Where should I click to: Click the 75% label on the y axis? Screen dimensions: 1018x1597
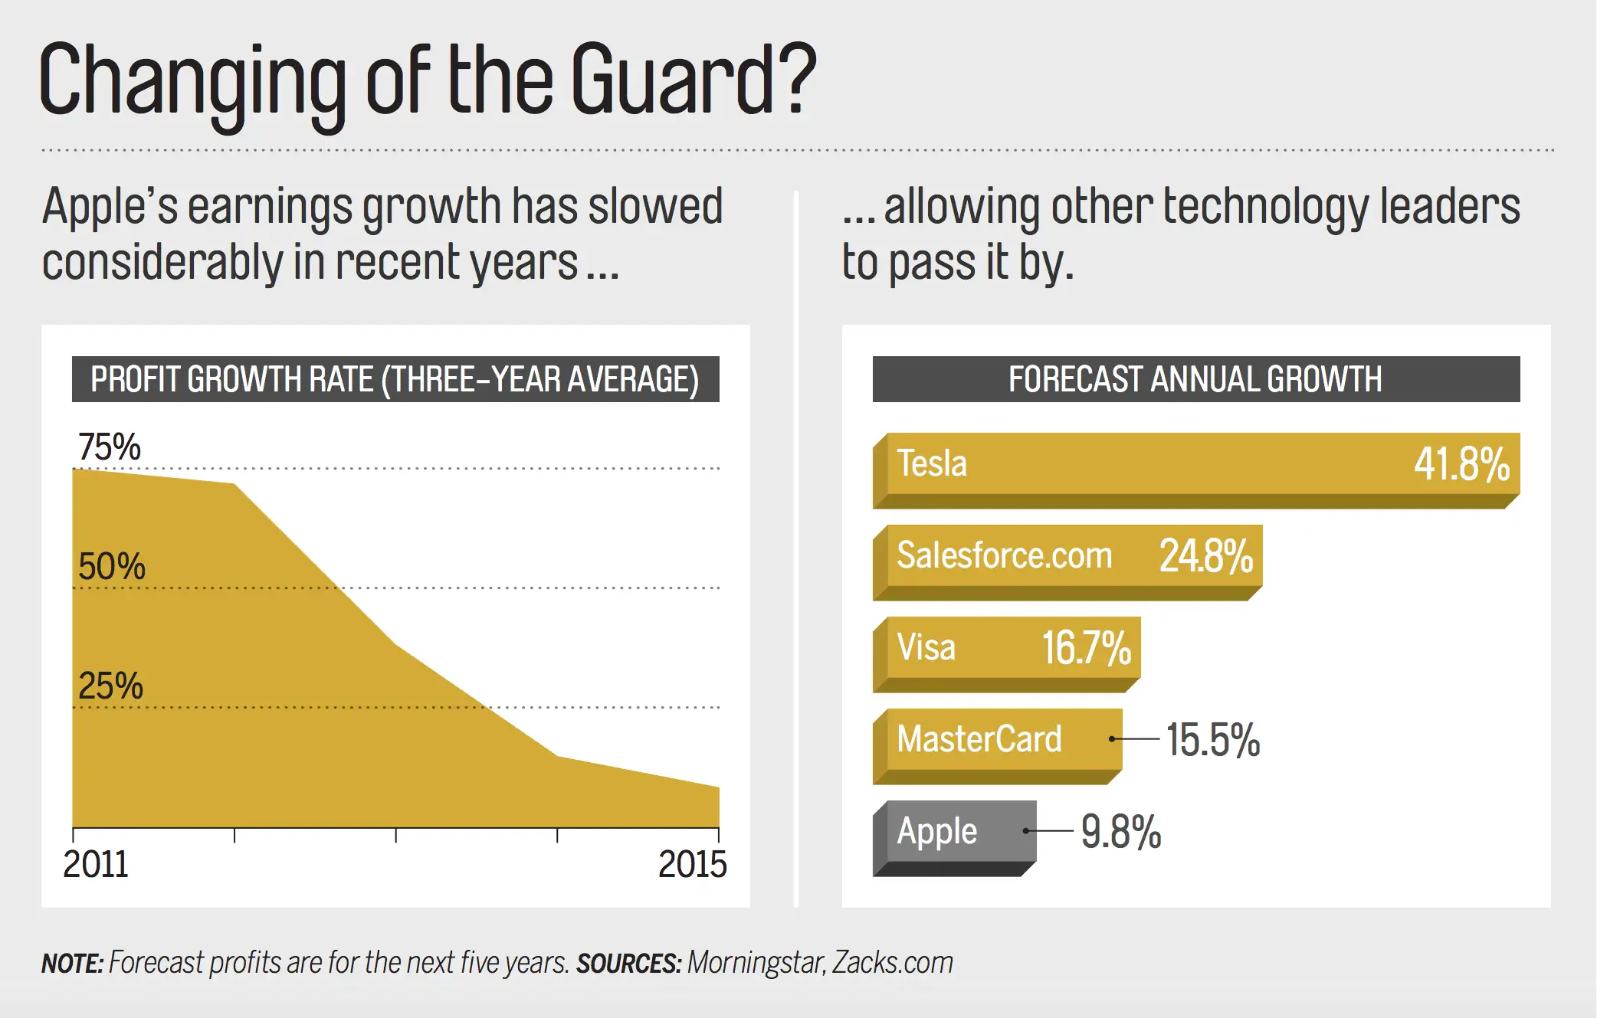click(110, 447)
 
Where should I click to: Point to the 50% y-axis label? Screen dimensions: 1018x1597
click(112, 567)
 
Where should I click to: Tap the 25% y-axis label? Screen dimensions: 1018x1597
click(111, 686)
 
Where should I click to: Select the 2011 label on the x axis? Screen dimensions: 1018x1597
click(96, 865)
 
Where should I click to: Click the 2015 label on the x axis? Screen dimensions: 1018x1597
click(692, 865)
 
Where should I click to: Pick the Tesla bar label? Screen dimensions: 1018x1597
click(932, 463)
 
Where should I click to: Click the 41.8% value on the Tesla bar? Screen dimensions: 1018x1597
click(1461, 464)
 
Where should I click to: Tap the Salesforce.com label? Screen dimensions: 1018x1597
click(1004, 555)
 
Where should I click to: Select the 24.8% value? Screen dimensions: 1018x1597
click(1206, 556)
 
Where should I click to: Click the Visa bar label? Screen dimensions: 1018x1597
click(926, 647)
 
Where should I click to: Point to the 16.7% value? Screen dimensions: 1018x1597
click(1086, 648)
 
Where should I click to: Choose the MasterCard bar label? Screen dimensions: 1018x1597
click(979, 739)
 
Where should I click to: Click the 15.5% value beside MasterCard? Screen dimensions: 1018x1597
click(1213, 740)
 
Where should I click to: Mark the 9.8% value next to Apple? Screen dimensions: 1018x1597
click(1121, 832)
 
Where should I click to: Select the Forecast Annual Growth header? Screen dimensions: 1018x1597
click(1195, 379)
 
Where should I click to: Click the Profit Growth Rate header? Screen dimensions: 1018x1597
click(395, 379)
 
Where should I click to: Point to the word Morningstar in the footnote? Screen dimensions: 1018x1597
click(756, 963)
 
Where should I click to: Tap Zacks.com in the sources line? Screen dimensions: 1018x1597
click(893, 963)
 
